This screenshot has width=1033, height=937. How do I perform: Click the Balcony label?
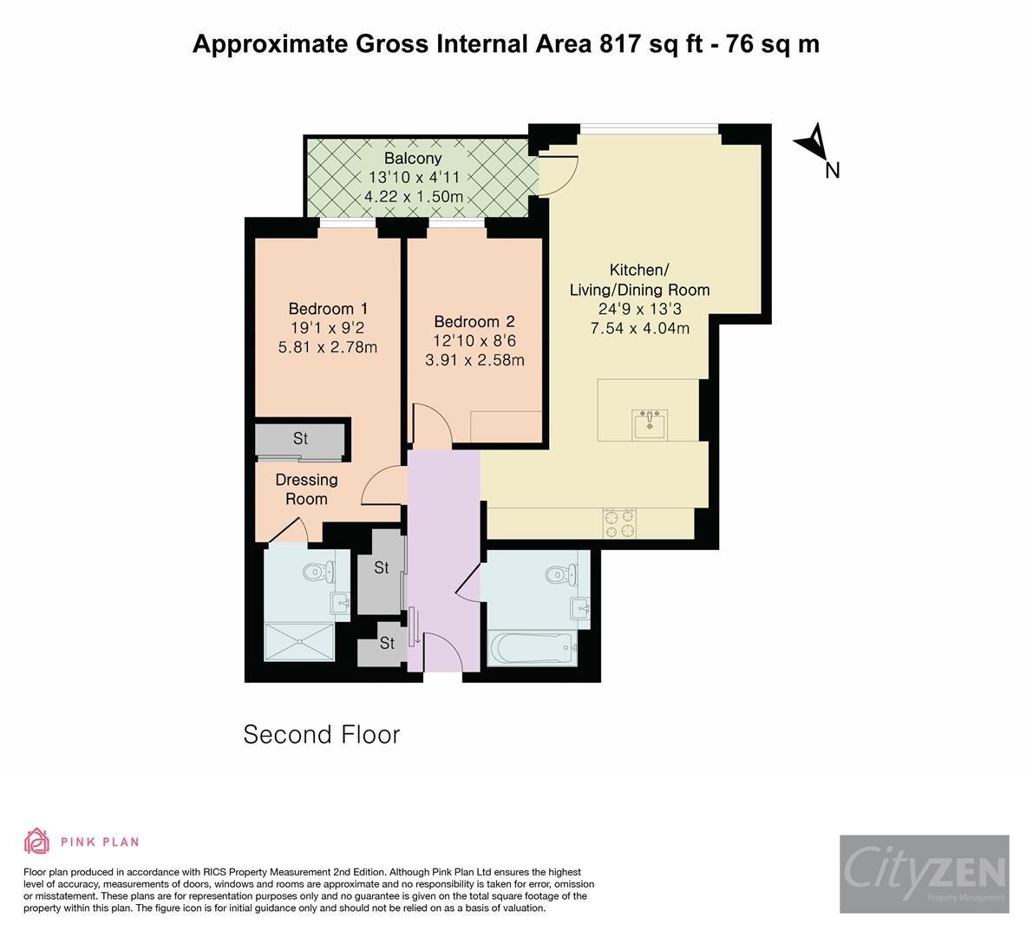[413, 159]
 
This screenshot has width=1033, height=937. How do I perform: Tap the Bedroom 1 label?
[328, 309]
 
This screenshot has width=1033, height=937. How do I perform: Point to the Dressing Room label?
[306, 489]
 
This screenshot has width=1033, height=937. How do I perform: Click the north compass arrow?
[814, 143]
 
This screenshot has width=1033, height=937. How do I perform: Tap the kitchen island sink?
[650, 425]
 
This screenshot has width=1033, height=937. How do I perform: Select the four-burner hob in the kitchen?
[620, 523]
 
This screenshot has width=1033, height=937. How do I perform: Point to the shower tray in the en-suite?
[299, 641]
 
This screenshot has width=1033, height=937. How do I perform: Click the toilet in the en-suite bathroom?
[317, 571]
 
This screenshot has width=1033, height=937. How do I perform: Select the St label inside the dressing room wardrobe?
[300, 439]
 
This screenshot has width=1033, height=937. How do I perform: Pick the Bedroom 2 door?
[431, 425]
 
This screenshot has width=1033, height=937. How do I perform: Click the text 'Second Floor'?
[321, 735]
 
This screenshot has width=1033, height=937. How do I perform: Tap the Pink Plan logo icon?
[36, 842]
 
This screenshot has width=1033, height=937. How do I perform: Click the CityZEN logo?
[924, 874]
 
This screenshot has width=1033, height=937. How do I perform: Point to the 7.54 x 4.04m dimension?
[639, 328]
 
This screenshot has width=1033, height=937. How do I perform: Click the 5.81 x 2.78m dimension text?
[328, 347]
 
